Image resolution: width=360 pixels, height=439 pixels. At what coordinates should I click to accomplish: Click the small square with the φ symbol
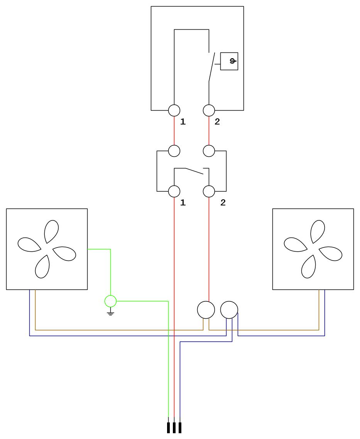click(229, 61)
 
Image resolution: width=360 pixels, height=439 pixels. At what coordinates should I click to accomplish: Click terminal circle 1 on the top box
click(174, 110)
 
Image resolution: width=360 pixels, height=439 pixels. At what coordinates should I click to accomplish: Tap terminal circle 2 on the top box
click(209, 110)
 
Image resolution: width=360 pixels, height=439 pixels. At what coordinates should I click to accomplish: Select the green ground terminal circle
click(110, 301)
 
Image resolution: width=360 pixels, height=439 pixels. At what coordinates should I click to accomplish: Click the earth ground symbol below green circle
click(110, 313)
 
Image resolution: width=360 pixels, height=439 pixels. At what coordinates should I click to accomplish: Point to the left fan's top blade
click(52, 232)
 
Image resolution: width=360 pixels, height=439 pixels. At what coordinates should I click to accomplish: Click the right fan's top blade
click(318, 232)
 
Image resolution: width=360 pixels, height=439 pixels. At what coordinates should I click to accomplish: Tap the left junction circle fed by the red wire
click(206, 310)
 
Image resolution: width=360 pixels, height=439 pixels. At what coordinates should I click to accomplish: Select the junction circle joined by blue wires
click(229, 310)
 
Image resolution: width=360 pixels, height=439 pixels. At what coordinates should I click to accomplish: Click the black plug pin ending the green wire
click(168, 427)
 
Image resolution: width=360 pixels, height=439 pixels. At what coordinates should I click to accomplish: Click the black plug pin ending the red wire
click(174, 427)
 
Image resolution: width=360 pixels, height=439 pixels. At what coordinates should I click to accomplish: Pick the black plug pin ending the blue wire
click(180, 427)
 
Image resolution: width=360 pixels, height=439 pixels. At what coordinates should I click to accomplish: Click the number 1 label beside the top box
click(183, 121)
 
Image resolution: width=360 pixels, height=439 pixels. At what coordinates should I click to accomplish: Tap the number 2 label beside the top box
click(217, 121)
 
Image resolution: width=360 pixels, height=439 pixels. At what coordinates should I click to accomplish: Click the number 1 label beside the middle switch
click(183, 202)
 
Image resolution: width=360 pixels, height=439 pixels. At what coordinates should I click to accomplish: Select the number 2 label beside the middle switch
click(223, 202)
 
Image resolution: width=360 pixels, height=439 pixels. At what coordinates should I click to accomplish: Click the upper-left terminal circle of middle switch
click(174, 151)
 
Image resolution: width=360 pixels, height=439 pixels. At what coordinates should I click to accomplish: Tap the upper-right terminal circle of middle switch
click(209, 151)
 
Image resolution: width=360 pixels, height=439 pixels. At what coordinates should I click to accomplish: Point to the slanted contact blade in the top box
click(212, 67)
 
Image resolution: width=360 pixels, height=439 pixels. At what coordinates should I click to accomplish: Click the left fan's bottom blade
click(42, 267)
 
